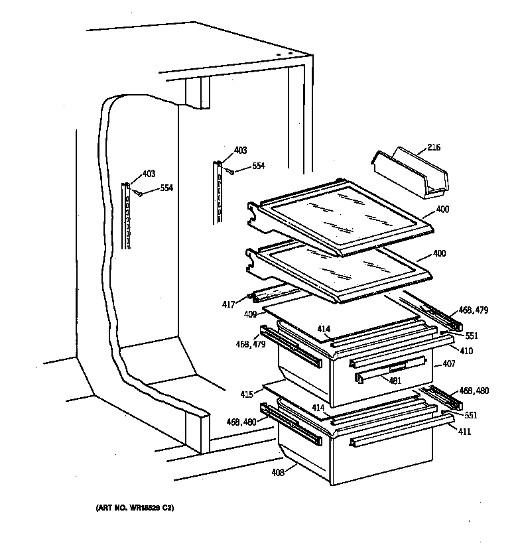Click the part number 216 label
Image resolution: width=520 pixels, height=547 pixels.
click(x=434, y=147)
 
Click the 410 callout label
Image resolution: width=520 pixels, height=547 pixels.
click(x=466, y=351)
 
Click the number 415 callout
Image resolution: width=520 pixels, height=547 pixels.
click(x=246, y=395)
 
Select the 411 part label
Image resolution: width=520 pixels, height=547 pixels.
click(x=465, y=431)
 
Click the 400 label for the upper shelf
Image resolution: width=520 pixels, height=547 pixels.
click(x=442, y=210)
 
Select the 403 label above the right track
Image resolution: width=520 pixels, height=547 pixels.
click(x=240, y=150)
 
